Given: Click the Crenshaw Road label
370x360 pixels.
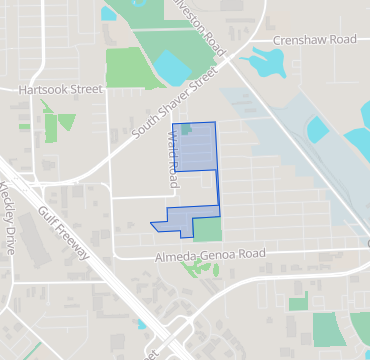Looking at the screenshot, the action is coord(315,40).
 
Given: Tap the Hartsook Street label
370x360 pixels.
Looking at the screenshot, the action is coord(61,89).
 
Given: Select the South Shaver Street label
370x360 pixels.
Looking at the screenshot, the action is coord(175,106).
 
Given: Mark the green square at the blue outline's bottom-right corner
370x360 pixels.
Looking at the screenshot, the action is coord(207,229).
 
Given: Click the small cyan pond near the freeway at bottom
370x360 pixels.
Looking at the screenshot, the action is coord(142,323).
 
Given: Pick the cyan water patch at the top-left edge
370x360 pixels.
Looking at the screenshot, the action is coord(108,13).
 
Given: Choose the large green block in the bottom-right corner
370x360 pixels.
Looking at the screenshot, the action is coord(327,329).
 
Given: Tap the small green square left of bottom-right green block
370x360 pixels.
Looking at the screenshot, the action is coord(298,304).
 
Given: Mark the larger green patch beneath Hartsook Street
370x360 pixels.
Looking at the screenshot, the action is coord(66,124).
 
